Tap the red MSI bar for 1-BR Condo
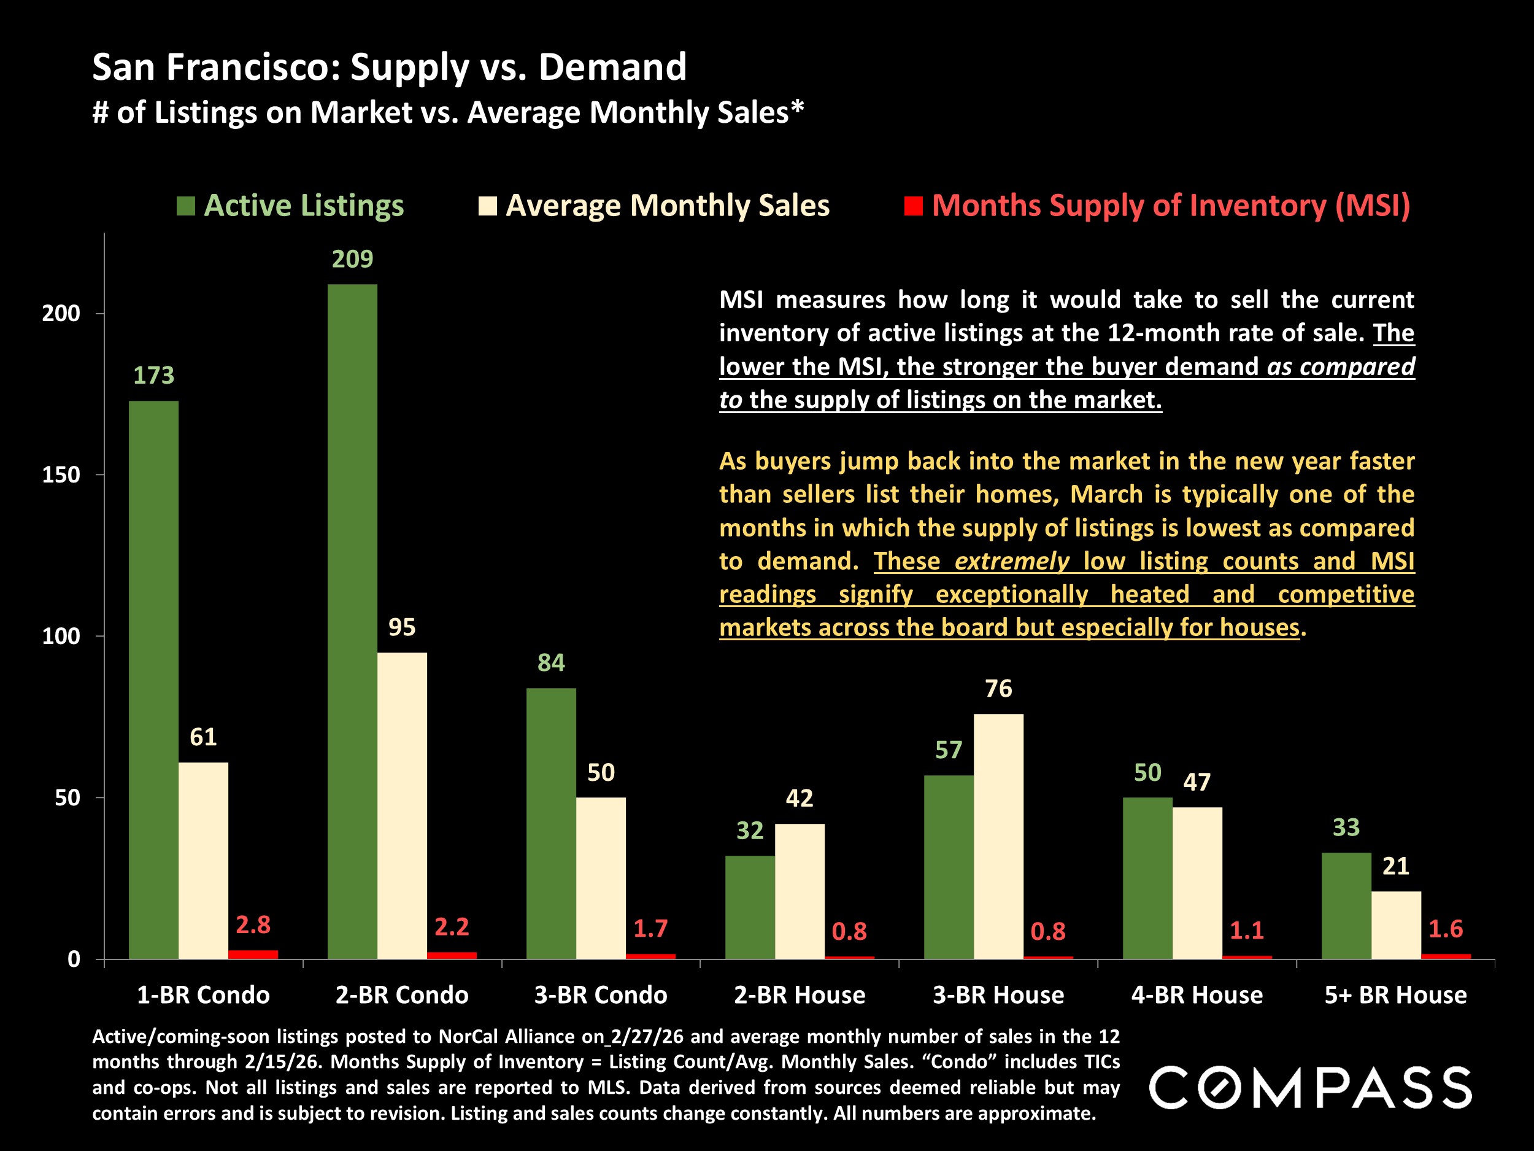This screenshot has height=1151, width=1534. (x=253, y=955)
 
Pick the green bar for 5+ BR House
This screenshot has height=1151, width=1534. (x=1346, y=905)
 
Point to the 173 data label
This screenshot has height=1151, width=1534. (x=153, y=375)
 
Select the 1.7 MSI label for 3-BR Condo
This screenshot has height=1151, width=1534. (x=650, y=928)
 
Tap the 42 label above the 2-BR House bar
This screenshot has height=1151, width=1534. (x=799, y=798)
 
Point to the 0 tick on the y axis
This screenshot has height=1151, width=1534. (x=74, y=959)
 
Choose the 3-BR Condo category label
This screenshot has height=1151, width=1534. (x=601, y=995)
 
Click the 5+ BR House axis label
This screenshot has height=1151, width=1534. (x=1395, y=995)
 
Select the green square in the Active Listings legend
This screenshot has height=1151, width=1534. (x=186, y=206)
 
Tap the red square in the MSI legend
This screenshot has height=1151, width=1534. (x=913, y=206)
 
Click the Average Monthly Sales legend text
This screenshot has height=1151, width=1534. (x=667, y=206)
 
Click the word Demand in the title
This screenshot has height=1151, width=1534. (x=612, y=68)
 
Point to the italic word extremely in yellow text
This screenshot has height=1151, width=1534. (x=1012, y=560)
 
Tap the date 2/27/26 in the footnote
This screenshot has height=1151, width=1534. (x=646, y=1037)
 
